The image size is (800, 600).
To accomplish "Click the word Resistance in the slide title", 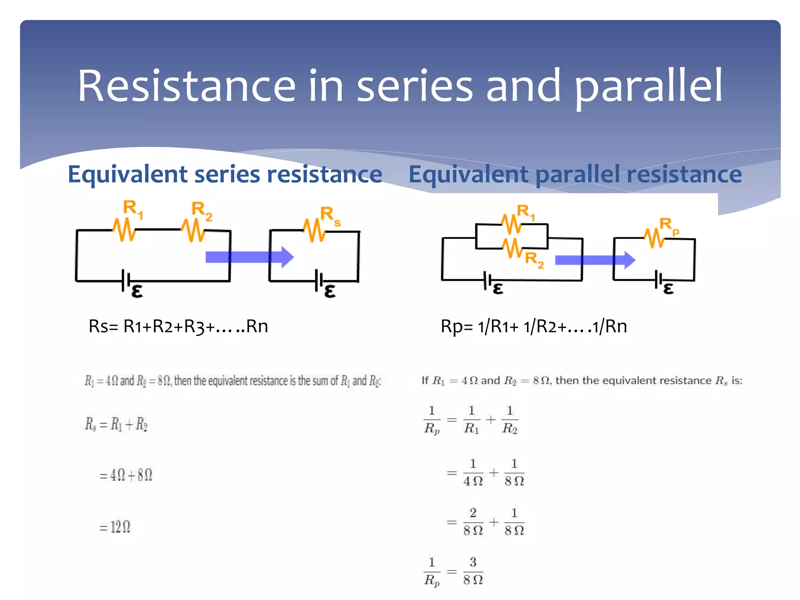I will [x=187, y=86].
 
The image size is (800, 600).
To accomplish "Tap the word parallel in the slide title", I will [x=648, y=87].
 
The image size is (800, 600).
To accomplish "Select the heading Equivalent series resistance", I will [x=225, y=174].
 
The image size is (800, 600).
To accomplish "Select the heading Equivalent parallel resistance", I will [x=575, y=174].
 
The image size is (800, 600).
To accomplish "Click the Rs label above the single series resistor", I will [x=330, y=216].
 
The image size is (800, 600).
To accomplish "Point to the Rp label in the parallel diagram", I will [x=669, y=226].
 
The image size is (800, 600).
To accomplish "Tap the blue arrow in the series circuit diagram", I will [x=250, y=257].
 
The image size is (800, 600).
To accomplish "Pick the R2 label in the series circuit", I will [x=202, y=211].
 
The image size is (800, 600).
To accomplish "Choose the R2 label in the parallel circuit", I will [x=534, y=260].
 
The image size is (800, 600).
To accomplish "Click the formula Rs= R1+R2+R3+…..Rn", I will [x=178, y=326].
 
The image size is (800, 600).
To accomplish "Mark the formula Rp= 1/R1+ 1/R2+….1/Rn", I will [x=534, y=326].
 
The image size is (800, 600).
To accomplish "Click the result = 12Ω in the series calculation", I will [x=115, y=527].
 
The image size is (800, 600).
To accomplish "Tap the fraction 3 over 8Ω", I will [x=473, y=571].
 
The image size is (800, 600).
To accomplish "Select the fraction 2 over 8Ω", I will [x=473, y=522].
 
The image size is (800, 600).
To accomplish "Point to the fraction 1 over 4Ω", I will [x=473, y=473].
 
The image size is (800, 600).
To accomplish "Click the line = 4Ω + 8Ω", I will [x=126, y=475].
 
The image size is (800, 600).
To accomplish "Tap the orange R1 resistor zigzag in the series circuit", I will [x=124, y=230].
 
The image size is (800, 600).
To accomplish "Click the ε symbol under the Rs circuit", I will [x=330, y=291].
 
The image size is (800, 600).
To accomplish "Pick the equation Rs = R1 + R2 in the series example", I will [x=116, y=424].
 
